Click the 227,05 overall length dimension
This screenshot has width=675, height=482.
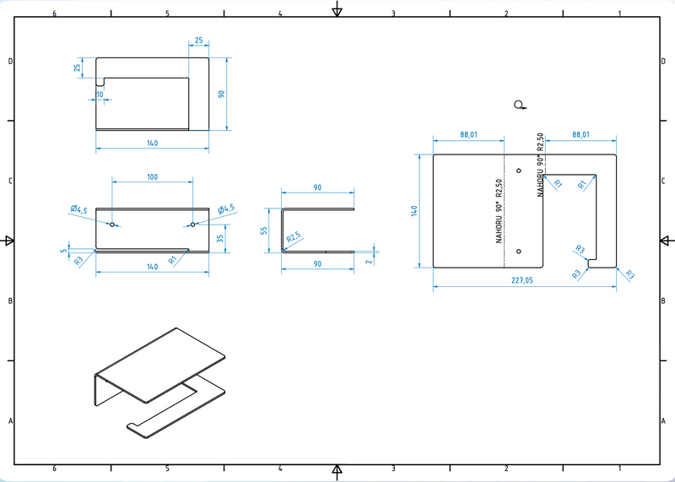pyautogui.click(x=521, y=280)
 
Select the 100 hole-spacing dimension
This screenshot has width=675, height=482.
pyautogui.click(x=153, y=177)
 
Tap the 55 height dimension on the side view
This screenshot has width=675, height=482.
pyautogui.click(x=264, y=230)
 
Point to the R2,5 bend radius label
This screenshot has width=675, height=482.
pyautogui.click(x=293, y=237)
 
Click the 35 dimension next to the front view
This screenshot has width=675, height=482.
pyautogui.click(x=220, y=238)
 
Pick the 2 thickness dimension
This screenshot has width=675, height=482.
pyautogui.click(x=370, y=261)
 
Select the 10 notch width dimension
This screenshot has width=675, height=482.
pyautogui.click(x=100, y=95)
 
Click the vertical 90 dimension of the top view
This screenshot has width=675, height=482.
pyautogui.click(x=222, y=94)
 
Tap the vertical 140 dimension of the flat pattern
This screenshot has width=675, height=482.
pyautogui.click(x=414, y=211)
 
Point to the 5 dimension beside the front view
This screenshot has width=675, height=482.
pyautogui.click(x=64, y=251)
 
